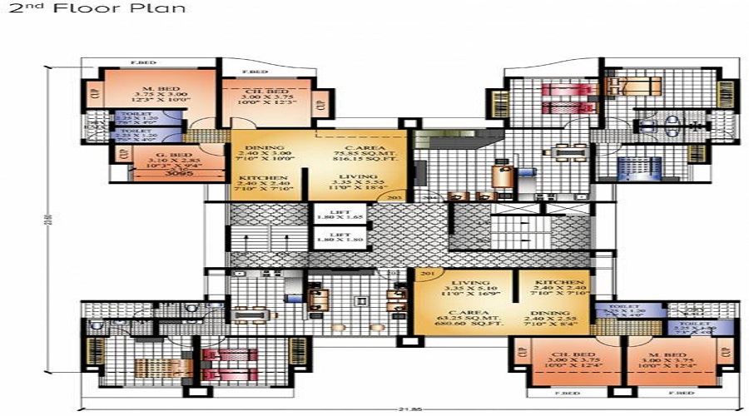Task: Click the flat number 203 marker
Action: click(x=395, y=197)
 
